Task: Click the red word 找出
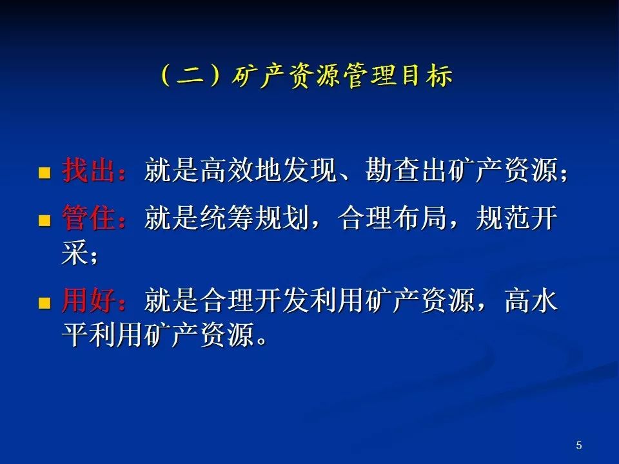coord(89,170)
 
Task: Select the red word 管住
coord(89,218)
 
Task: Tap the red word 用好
coord(89,301)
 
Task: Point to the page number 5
coord(579,445)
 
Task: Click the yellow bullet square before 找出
coord(44,173)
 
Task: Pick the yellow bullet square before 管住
coord(44,220)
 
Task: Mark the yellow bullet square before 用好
coord(44,303)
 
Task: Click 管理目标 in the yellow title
coord(398,75)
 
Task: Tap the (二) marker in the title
coord(190,75)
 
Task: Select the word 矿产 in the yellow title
coord(259,75)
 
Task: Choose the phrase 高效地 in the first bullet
coord(241,170)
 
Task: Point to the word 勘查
coord(393,170)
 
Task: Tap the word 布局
coord(420,218)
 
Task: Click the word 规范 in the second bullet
coord(504,218)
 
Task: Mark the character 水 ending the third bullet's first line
coord(545,301)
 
